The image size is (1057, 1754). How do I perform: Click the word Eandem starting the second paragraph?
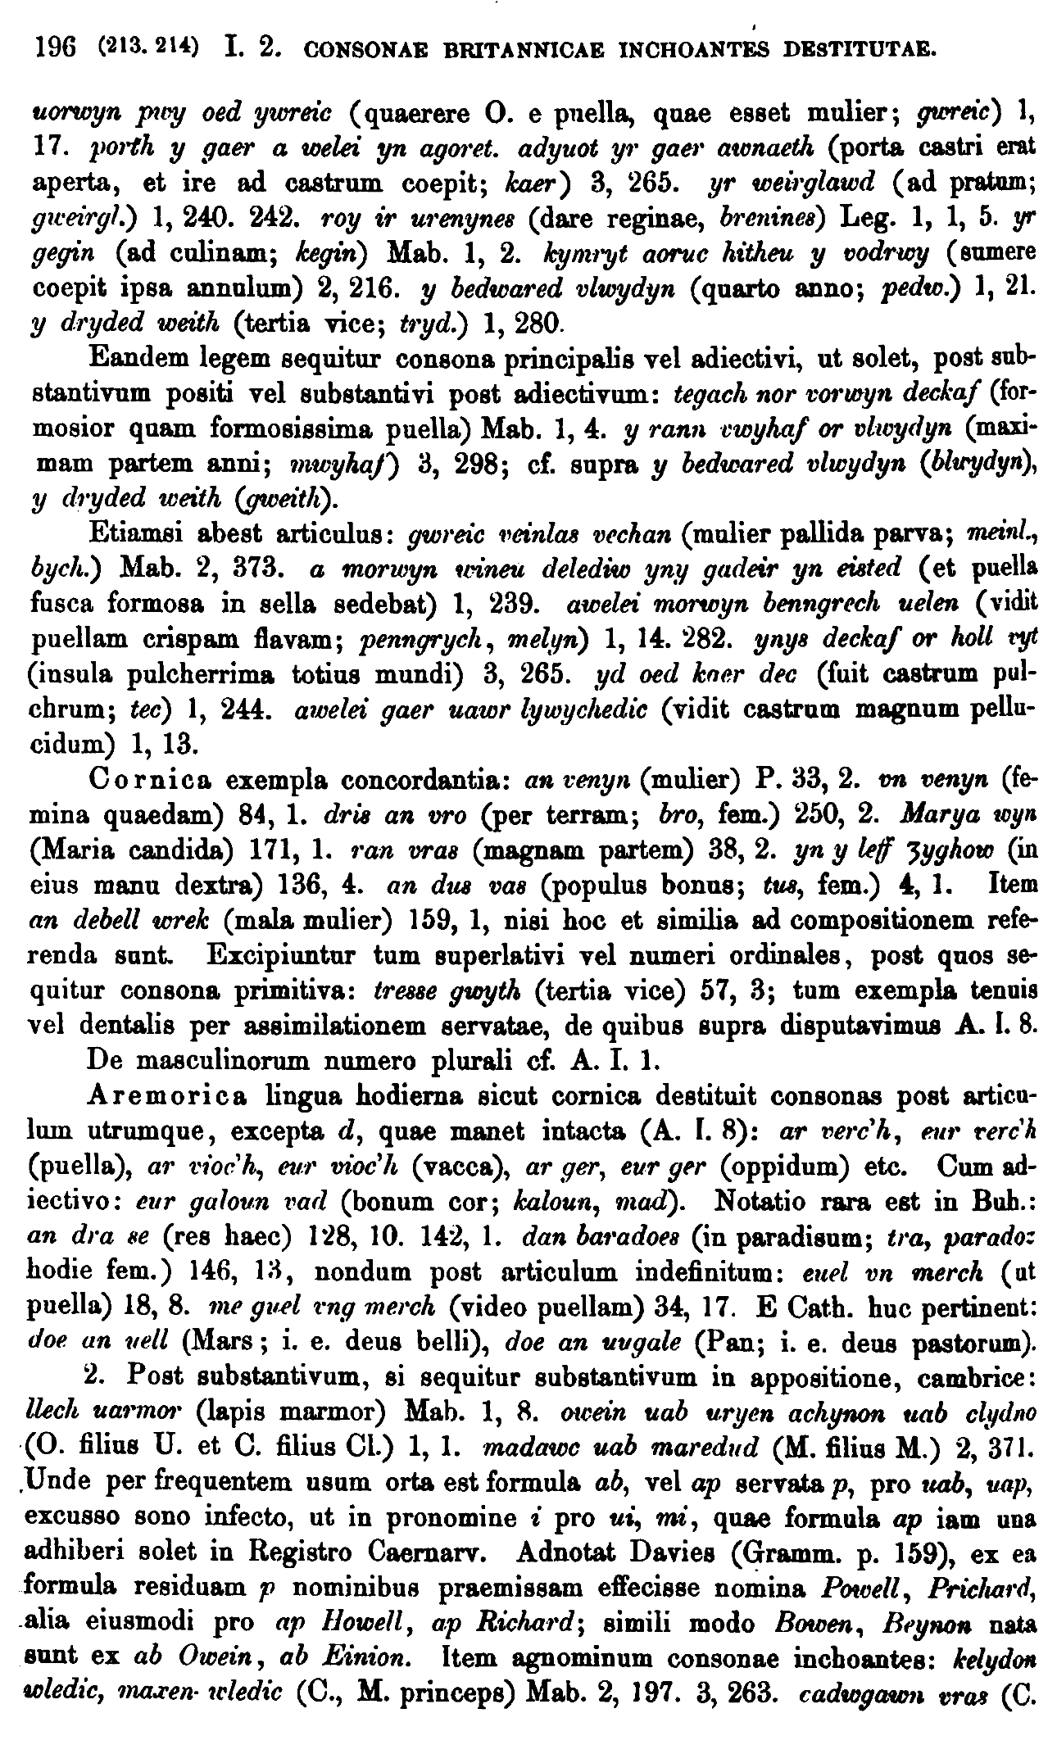[135, 359]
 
